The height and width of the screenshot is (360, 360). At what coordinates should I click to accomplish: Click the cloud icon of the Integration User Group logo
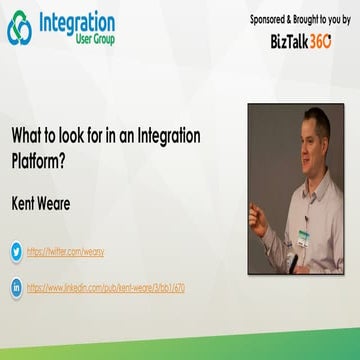(20, 28)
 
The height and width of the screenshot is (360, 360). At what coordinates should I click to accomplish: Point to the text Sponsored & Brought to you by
(299, 19)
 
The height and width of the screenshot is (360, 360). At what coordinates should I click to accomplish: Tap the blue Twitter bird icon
(16, 252)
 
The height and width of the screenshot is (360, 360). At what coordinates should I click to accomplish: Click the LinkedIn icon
(16, 287)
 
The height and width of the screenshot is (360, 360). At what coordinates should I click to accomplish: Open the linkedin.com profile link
(105, 287)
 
